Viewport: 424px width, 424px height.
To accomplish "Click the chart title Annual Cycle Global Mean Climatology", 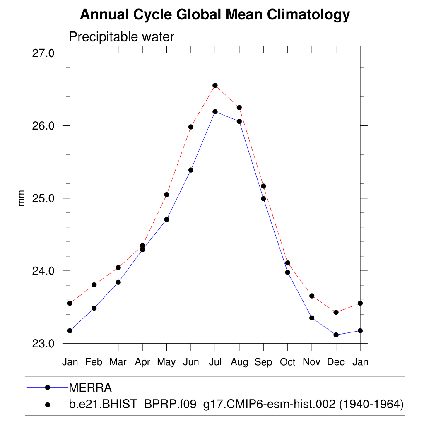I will pos(215,15).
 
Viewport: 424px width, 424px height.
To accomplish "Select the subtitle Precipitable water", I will pos(121,37).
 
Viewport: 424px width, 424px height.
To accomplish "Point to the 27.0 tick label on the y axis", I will pos(43,53).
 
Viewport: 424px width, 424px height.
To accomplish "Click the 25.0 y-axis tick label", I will pos(43,198).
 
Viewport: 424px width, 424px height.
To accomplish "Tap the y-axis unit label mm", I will pos(22,198).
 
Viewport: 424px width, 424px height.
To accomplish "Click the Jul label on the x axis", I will pos(215,362).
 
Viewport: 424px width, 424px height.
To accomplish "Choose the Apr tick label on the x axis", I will pos(142,362).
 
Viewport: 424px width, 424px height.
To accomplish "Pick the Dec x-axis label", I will pos(336,362).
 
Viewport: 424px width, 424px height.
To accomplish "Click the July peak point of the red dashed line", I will pos(215,85).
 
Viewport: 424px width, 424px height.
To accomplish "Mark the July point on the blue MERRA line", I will pos(215,111).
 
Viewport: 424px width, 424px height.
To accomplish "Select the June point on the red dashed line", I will pos(191,127).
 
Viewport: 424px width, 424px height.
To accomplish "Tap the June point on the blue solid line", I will pos(191,170).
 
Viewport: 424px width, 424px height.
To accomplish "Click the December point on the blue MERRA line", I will pos(336,335).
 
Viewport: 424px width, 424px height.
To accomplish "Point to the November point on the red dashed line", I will pos(312,296).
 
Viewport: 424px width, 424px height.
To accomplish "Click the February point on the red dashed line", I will pos(94,284).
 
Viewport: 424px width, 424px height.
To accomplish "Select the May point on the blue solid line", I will pos(166,219).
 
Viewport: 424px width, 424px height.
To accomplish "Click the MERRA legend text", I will pos(90,388).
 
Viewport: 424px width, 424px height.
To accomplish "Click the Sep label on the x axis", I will pos(263,362).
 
